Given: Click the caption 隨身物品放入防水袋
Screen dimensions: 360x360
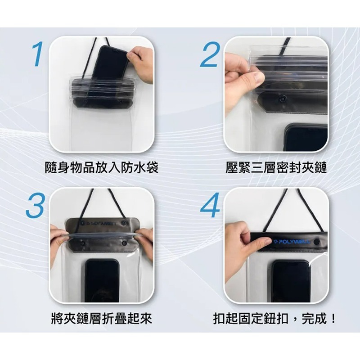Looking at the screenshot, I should (x=102, y=168).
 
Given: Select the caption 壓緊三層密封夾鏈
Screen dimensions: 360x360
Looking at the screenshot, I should (x=276, y=168).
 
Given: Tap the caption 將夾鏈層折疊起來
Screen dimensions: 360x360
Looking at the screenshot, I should (x=102, y=319).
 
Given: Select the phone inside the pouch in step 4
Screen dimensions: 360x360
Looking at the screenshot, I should (x=291, y=281).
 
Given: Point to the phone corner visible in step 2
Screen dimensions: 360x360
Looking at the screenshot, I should (x=306, y=137).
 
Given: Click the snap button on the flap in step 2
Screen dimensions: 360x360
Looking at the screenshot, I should (x=283, y=99).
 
